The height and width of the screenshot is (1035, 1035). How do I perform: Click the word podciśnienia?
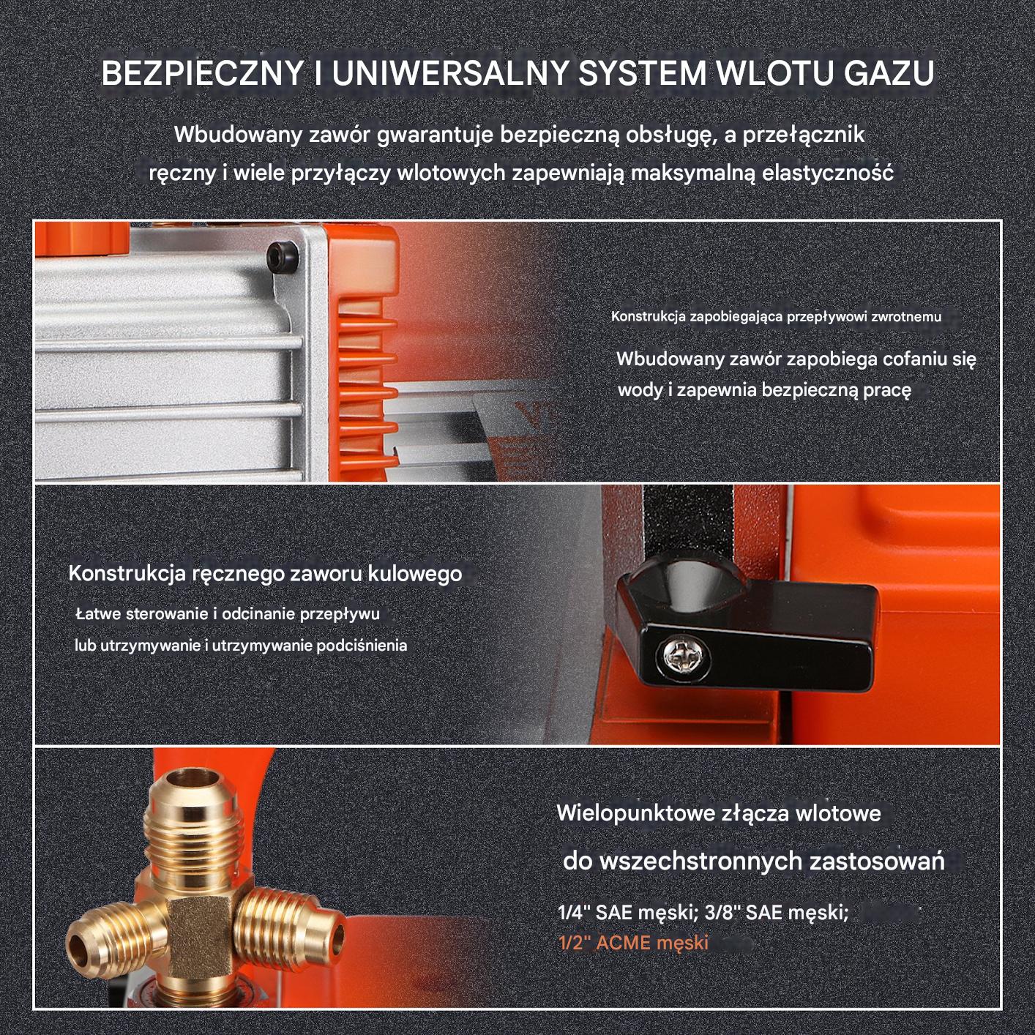click(x=362, y=645)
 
